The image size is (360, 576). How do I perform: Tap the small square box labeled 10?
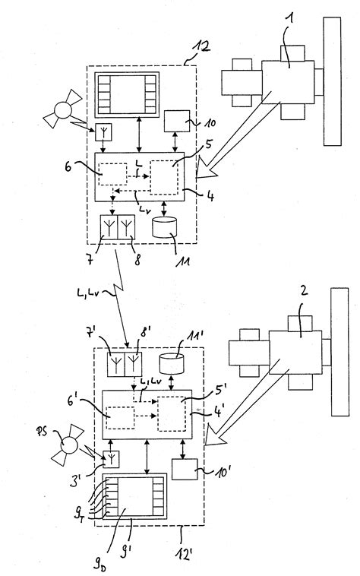click(x=177, y=122)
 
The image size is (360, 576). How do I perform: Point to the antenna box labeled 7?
click(x=109, y=226)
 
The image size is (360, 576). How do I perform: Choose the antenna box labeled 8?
click(x=126, y=226)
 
